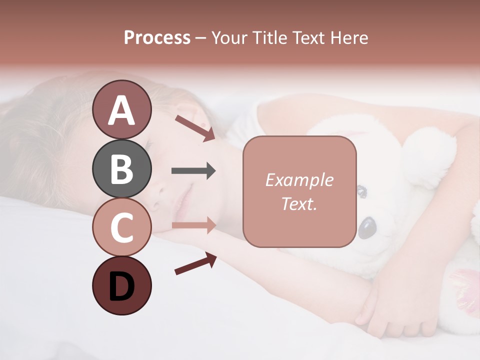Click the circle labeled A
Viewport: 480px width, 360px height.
click(x=121, y=109)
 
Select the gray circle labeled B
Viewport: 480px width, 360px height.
click(x=121, y=168)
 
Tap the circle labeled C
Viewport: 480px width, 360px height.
click(x=121, y=227)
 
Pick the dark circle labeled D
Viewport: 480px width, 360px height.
click(x=121, y=285)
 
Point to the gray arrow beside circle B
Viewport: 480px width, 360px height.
click(x=193, y=171)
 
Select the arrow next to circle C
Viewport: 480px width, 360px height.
click(x=193, y=225)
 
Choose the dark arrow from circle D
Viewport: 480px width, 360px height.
click(x=195, y=263)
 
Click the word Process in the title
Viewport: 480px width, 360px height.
click(x=157, y=37)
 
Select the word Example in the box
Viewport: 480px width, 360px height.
click(x=299, y=180)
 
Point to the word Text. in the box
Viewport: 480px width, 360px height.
click(x=299, y=203)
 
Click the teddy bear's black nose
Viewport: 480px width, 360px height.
click(x=367, y=228)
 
